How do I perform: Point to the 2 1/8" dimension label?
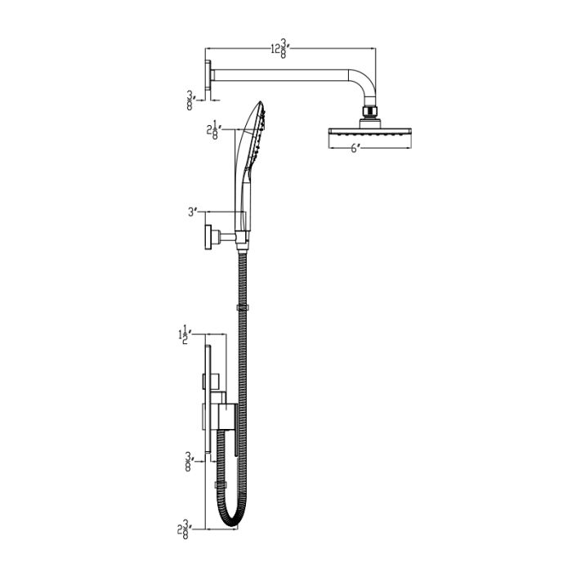[215, 129]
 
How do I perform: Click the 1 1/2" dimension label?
[185, 333]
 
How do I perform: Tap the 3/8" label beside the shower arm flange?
[190, 100]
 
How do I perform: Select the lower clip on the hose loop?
[219, 485]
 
